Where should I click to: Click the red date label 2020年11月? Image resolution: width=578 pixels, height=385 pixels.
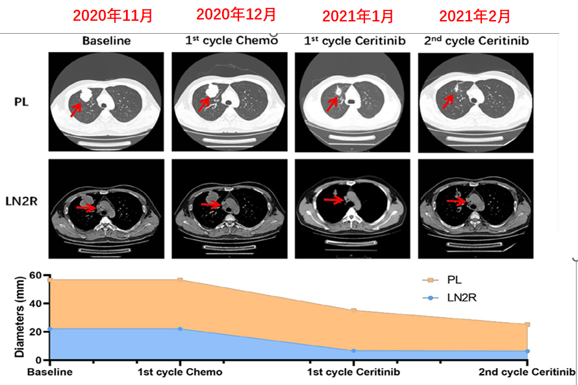coord(112,16)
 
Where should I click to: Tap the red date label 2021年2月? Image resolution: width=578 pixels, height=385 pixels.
coord(474,16)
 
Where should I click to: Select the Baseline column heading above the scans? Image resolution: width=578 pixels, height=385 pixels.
coord(107,41)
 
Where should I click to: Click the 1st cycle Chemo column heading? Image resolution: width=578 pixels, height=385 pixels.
coord(231,40)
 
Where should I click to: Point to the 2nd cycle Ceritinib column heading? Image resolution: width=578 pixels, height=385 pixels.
coord(476,40)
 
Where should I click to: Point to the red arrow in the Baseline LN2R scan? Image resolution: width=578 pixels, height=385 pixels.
coord(86,207)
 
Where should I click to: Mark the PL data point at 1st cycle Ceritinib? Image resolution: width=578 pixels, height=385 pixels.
coord(353,310)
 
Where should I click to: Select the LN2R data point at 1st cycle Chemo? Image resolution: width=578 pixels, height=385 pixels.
coord(180,329)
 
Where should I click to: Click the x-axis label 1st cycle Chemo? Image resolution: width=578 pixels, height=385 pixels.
coord(180,373)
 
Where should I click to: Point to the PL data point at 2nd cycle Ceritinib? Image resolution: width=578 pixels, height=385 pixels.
coord(527,325)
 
